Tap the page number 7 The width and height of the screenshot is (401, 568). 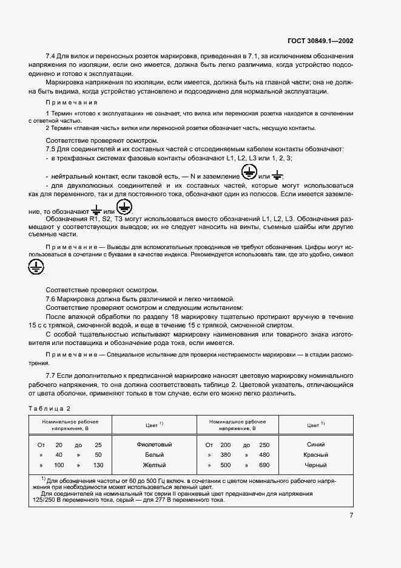coord(352,516)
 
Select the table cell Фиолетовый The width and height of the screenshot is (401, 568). coord(155,445)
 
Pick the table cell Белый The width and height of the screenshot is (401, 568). coord(155,454)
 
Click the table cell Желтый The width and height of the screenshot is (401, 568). coord(155,465)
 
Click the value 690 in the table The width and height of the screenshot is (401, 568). coord(265,465)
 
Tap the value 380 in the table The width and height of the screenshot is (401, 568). coord(226,454)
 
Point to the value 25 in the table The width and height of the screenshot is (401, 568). coord(98,445)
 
